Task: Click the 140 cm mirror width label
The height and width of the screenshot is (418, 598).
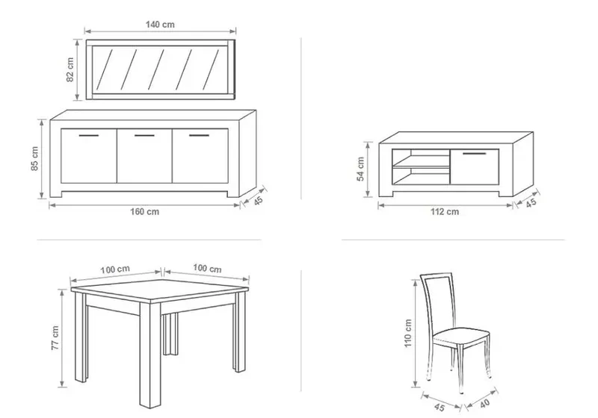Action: pyautogui.click(x=160, y=25)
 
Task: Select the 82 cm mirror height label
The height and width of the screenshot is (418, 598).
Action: pyautogui.click(x=70, y=69)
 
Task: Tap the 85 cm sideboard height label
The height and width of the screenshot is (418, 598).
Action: pyautogui.click(x=34, y=158)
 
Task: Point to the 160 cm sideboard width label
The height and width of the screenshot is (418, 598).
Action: pyautogui.click(x=144, y=212)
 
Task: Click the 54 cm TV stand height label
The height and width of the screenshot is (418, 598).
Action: pyautogui.click(x=361, y=169)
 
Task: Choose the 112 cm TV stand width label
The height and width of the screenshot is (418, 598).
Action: pyautogui.click(x=445, y=212)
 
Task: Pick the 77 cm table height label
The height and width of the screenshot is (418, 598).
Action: pyautogui.click(x=55, y=337)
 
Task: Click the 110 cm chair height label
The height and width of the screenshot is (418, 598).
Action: pyautogui.click(x=408, y=333)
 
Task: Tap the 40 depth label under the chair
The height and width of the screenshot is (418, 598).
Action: pyautogui.click(x=484, y=404)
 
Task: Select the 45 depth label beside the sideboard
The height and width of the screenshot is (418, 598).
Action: pyautogui.click(x=259, y=201)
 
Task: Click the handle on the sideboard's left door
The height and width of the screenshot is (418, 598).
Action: pyautogui.click(x=89, y=136)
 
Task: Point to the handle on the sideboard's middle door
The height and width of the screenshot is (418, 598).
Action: pyautogui.click(x=144, y=136)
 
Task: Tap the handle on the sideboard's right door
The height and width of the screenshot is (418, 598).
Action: pyautogui.click(x=199, y=136)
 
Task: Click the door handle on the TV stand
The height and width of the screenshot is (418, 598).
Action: pyautogui.click(x=475, y=154)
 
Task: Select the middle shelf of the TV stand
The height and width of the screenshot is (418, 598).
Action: pyautogui.click(x=421, y=167)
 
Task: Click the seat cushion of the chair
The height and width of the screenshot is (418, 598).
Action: pyautogui.click(x=461, y=337)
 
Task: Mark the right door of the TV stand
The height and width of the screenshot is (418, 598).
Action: pyautogui.click(x=475, y=166)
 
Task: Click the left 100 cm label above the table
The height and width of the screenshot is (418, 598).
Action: pyautogui.click(x=115, y=269)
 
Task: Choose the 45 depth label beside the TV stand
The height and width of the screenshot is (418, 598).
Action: pyautogui.click(x=531, y=203)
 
